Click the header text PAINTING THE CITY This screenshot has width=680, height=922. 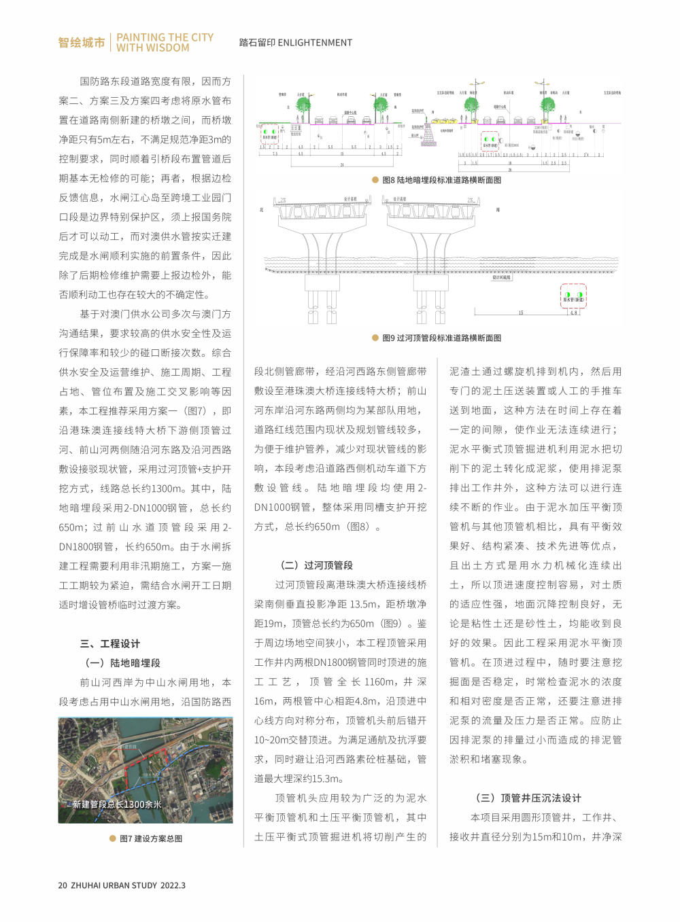point(165,37)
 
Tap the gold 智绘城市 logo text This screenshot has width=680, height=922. point(82,43)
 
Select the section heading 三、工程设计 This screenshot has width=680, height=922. point(109,643)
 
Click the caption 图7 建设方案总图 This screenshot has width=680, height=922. point(151,839)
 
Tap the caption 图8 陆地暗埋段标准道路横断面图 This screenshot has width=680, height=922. point(441,180)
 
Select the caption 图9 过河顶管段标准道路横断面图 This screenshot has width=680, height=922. point(441,338)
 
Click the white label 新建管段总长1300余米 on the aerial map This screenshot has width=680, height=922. point(116,804)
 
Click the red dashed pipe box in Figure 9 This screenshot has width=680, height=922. point(573,297)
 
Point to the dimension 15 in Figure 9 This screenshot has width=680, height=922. point(521,313)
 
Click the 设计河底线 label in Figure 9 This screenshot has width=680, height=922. point(502,278)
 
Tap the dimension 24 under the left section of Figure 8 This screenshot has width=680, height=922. point(342,165)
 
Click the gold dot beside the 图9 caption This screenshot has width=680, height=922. point(375,338)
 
